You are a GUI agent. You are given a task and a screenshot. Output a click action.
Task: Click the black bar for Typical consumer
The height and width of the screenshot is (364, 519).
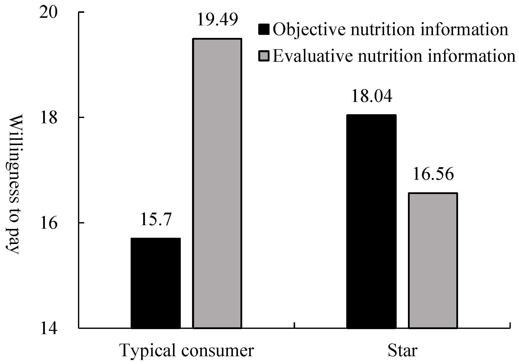(156, 283)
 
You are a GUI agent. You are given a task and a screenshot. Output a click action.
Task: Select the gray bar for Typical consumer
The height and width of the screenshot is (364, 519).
(217, 183)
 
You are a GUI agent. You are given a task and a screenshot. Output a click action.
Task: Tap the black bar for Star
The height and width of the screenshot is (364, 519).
(371, 221)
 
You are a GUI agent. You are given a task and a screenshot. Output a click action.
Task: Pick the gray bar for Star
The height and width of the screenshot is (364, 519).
(433, 260)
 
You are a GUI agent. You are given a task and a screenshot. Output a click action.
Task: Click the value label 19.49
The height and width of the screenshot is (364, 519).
(217, 20)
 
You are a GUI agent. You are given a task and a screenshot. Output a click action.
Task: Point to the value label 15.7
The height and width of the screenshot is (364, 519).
(156, 220)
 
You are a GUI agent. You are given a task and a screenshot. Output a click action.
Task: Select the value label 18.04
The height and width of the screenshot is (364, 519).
(372, 96)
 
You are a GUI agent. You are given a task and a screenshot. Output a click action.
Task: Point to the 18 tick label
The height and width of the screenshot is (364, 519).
(48, 117)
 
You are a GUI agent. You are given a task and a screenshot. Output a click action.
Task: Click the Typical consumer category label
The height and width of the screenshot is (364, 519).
(187, 350)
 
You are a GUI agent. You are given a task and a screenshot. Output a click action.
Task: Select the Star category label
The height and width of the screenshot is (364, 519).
(402, 350)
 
